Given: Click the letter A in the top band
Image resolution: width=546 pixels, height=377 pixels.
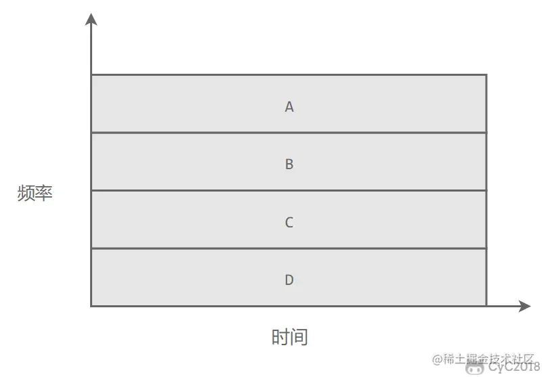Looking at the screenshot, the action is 289,107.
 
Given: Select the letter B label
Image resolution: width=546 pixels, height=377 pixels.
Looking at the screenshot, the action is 289,164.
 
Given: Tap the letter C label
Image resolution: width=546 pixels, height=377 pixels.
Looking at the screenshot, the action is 289,223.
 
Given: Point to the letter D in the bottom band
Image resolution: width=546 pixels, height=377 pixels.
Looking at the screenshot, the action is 289,280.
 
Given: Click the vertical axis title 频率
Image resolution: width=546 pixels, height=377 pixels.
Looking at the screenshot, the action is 35,194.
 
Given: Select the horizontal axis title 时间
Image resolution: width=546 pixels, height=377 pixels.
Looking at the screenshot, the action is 289,337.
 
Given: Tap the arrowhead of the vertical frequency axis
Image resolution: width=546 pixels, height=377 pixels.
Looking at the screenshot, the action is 91,19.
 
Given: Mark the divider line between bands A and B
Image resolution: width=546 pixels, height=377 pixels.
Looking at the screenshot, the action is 289,133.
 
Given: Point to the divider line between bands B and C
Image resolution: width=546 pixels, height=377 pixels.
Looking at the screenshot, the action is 289,191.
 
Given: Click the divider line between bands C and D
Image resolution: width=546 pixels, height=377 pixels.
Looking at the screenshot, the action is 289,248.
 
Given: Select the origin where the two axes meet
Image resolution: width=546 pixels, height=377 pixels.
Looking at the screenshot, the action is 91,306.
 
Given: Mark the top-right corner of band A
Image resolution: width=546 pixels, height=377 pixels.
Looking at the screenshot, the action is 486,75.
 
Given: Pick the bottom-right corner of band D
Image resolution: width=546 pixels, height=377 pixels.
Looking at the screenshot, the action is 486,306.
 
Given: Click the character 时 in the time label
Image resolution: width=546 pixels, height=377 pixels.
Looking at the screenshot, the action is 280,337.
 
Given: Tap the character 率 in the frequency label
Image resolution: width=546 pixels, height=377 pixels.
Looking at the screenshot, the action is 43,194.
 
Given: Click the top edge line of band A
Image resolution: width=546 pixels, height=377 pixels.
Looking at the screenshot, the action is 289,75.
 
